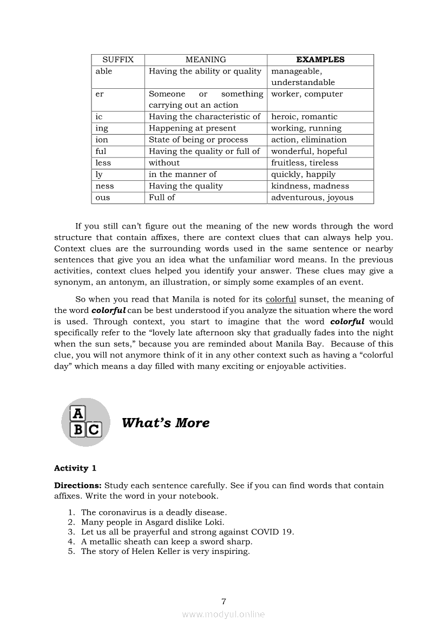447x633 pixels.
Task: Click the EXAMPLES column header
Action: (320, 60)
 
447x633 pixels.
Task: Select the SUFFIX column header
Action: (118, 60)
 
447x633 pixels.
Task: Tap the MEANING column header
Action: (206, 60)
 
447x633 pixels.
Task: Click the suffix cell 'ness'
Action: (105, 186)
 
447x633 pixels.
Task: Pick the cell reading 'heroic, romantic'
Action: (304, 116)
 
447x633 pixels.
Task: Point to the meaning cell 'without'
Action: (164, 162)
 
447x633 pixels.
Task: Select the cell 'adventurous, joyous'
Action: (312, 198)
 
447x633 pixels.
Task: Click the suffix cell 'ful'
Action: (101, 151)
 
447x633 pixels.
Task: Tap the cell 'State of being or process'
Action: (199, 140)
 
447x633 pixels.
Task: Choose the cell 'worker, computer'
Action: (307, 94)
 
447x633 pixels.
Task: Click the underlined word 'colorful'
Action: (281, 299)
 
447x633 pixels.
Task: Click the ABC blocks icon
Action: (86, 422)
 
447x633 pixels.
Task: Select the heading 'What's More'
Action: (166, 423)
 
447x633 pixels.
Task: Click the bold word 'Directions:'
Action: (78, 485)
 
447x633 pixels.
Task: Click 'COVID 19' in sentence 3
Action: (275, 532)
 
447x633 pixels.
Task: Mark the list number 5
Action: (71, 551)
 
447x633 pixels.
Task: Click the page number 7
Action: (223, 601)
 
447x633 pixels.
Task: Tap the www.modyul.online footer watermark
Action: (223, 614)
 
